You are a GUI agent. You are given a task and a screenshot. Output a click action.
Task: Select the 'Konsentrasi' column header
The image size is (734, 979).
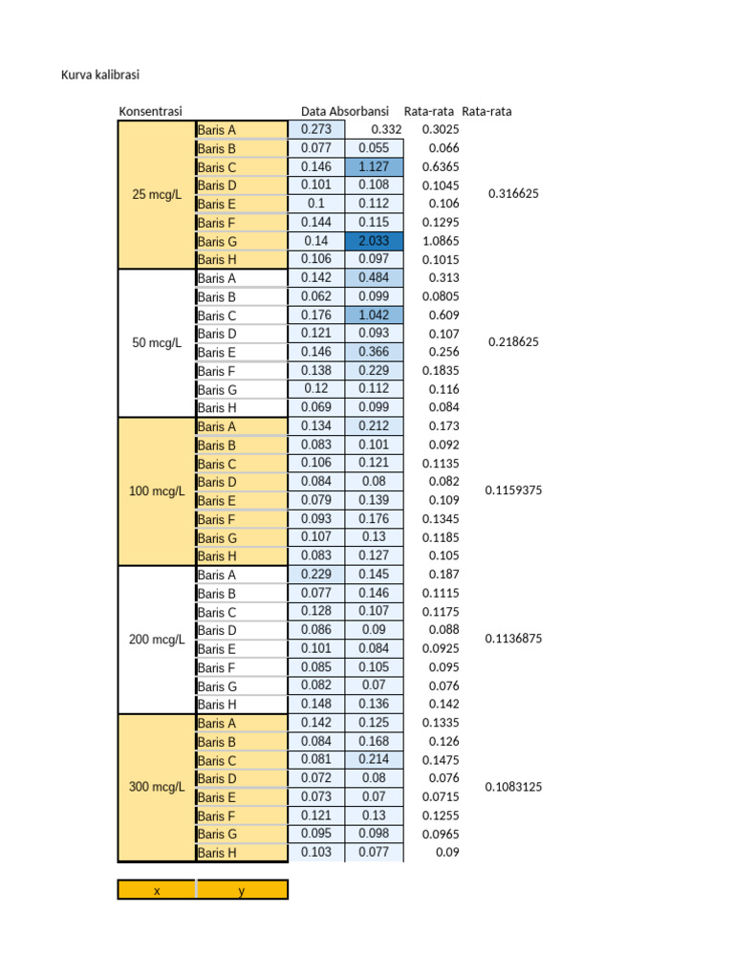[x=150, y=111]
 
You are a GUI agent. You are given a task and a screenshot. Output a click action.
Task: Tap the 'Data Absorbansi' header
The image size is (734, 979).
[x=344, y=111]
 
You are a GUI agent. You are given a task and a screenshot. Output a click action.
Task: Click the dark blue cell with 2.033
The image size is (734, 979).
[x=374, y=241]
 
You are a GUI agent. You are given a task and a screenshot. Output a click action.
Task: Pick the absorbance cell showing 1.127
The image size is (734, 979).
[x=374, y=166]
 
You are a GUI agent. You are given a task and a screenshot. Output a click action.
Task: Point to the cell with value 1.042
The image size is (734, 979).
[x=374, y=315]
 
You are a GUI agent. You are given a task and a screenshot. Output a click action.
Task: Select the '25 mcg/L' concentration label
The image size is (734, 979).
[x=156, y=194]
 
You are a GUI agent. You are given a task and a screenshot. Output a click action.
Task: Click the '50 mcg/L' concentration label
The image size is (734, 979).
[x=156, y=342]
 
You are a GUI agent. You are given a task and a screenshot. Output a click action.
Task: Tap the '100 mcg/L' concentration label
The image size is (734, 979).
[x=156, y=491]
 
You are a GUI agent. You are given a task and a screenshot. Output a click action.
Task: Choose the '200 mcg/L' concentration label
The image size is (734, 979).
[x=156, y=640]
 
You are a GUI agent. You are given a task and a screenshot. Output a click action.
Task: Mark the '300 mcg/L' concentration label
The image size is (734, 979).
[x=156, y=788]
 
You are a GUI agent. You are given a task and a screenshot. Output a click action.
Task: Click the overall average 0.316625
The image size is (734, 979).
[x=513, y=193]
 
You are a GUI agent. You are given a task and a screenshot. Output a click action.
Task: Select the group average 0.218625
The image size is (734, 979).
[x=513, y=341]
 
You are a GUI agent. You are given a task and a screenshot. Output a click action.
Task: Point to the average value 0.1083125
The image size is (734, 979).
[x=513, y=787]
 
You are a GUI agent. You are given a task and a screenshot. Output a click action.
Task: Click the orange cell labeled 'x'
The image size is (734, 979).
[x=157, y=890]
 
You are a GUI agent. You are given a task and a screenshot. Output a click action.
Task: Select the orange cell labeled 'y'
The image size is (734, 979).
[x=242, y=890]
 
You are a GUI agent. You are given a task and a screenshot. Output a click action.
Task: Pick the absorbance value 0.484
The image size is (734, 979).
[x=374, y=277]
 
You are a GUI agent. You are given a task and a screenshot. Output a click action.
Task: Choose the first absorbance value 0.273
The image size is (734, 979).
[x=316, y=129]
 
